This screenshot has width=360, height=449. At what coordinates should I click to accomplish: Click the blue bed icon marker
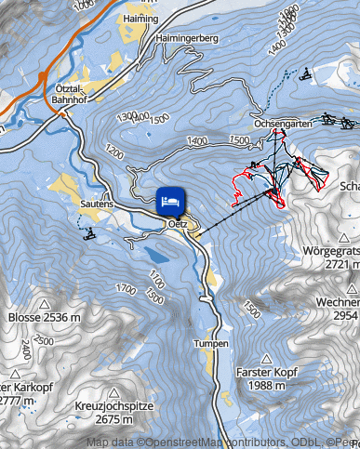[x=169, y=199]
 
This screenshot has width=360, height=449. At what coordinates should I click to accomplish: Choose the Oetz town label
[x=178, y=224]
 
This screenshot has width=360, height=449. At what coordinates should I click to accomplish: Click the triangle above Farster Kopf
[x=266, y=358]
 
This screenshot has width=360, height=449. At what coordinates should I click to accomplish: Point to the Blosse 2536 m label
[x=44, y=317]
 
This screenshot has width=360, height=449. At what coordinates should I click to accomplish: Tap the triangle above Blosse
[x=44, y=304]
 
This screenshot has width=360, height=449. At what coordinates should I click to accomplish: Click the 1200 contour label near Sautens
[x=114, y=151]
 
